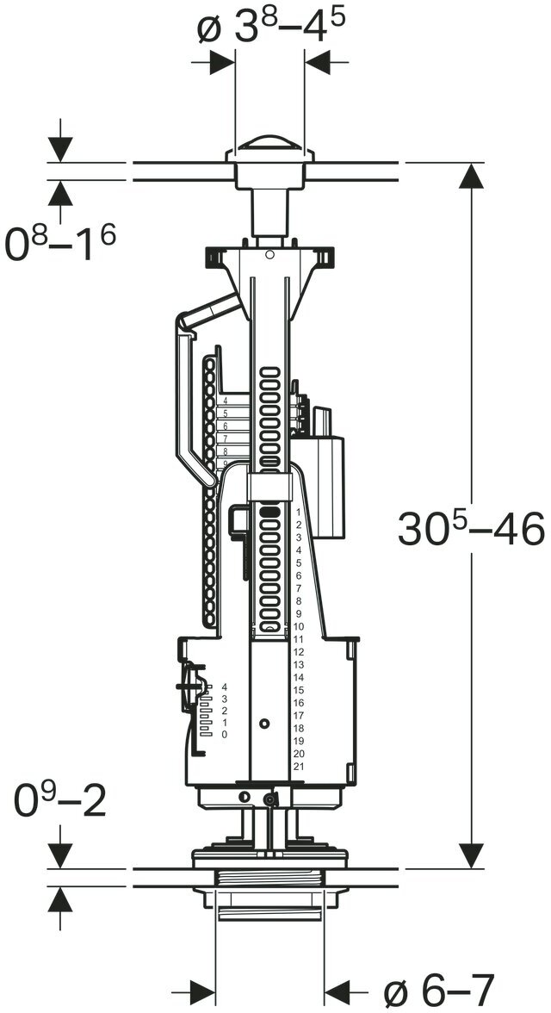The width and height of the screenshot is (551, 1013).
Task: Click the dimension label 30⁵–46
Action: (471, 529)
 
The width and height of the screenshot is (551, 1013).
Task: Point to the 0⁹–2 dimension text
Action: (60, 802)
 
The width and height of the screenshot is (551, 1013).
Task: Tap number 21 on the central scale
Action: (298, 767)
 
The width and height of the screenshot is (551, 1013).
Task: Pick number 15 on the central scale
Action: (298, 690)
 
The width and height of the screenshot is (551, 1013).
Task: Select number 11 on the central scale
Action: (298, 639)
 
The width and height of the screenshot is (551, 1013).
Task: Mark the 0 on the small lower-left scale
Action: (224, 735)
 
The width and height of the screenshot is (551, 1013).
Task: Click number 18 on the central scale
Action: (298, 728)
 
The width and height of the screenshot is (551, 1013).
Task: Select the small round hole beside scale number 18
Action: (264, 722)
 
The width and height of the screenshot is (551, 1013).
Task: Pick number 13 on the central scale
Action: (298, 665)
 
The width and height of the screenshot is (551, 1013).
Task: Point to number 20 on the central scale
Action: (298, 754)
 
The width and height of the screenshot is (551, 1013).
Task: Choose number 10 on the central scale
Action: (298, 626)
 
